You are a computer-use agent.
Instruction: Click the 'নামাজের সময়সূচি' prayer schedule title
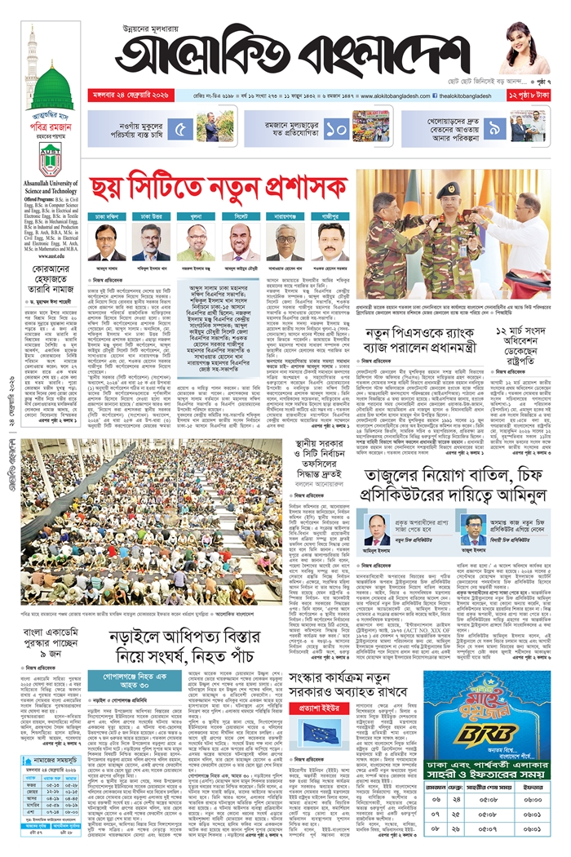(x=52, y=759)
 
